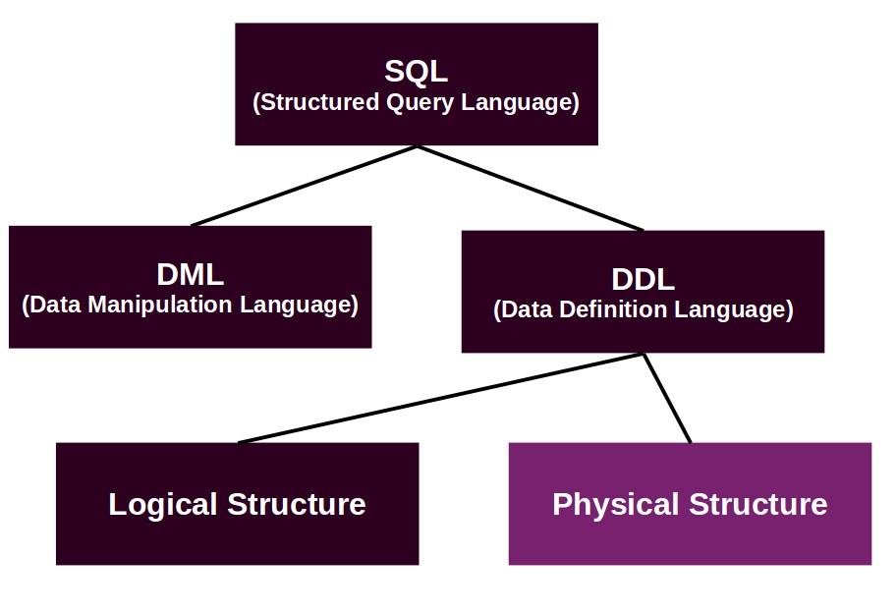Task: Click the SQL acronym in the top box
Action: click(416, 72)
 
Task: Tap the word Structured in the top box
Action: click(319, 102)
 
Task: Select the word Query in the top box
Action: click(420, 103)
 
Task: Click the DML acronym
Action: click(191, 275)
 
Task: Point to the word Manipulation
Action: click(160, 305)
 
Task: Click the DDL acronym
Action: click(643, 280)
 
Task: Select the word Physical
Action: click(617, 505)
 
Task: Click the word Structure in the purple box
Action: click(758, 505)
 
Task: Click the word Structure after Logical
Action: click(297, 505)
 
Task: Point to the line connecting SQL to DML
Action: click(304, 186)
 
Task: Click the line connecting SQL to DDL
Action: click(531, 188)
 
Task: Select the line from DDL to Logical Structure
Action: click(440, 398)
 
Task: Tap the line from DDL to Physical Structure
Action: click(667, 398)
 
